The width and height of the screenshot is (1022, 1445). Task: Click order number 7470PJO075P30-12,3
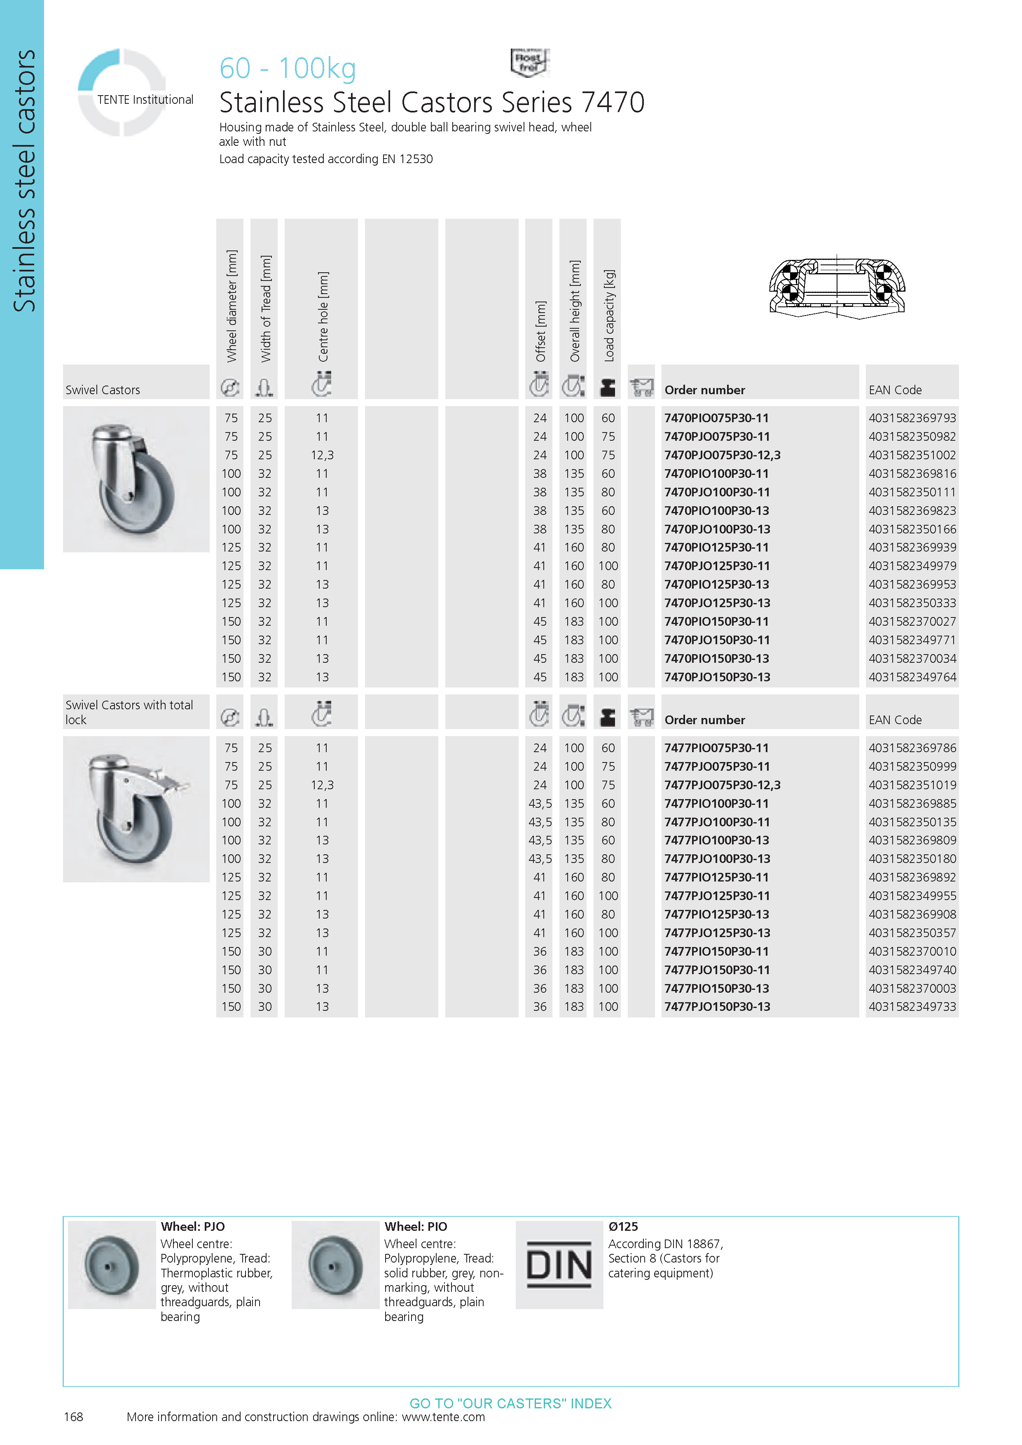tap(722, 455)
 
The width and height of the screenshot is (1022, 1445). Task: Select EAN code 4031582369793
tap(912, 418)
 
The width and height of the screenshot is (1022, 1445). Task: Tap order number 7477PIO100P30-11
tap(716, 804)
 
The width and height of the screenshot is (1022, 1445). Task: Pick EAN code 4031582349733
tap(912, 1007)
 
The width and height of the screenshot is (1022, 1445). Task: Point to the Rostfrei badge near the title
tap(529, 62)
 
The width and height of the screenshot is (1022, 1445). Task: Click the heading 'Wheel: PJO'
tap(192, 1227)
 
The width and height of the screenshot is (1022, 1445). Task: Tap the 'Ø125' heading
tap(623, 1227)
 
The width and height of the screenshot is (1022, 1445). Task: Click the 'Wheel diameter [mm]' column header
tap(232, 306)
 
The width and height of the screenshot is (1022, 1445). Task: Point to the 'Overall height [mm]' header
tap(575, 311)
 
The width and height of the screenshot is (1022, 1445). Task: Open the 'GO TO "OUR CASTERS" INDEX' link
tap(510, 1403)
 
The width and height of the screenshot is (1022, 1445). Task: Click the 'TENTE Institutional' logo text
tap(145, 99)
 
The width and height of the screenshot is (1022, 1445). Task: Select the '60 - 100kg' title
tap(288, 68)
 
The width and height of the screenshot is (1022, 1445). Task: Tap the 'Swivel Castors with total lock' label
tap(129, 713)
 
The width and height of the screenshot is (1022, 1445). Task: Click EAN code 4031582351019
tap(912, 785)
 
